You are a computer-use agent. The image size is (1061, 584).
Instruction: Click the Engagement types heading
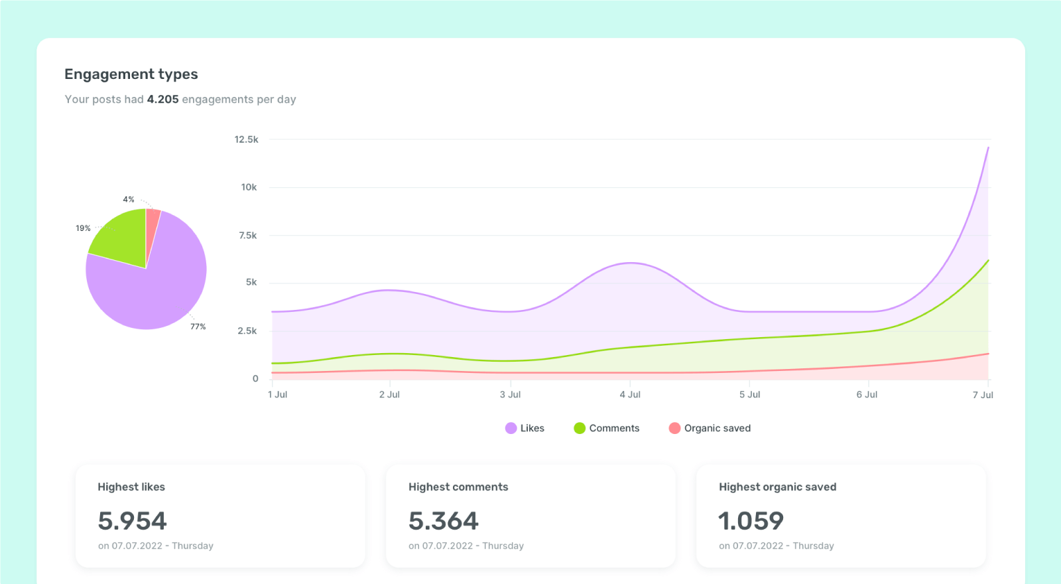(131, 74)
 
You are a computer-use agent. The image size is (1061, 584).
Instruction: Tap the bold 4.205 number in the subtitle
(162, 100)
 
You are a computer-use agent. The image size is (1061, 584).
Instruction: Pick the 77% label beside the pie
(198, 327)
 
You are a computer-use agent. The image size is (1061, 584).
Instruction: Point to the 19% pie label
(83, 228)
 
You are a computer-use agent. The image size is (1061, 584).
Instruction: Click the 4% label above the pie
(129, 199)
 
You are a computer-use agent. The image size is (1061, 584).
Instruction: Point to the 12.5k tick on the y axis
(246, 139)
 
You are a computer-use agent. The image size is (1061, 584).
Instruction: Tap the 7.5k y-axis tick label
(247, 236)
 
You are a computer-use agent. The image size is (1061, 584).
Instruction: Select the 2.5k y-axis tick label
(247, 331)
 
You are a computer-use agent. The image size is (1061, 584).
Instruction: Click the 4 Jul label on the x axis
(630, 395)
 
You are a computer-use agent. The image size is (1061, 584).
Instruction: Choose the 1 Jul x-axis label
(277, 395)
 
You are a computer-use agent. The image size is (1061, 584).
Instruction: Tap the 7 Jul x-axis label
(983, 395)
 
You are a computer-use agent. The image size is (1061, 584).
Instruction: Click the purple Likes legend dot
(511, 428)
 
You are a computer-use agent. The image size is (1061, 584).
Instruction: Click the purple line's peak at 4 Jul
(631, 263)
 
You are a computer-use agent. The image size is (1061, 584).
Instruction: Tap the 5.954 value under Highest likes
(132, 521)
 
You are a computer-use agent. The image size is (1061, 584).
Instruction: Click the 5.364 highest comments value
(443, 521)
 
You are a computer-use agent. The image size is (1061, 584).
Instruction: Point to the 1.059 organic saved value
(751, 521)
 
